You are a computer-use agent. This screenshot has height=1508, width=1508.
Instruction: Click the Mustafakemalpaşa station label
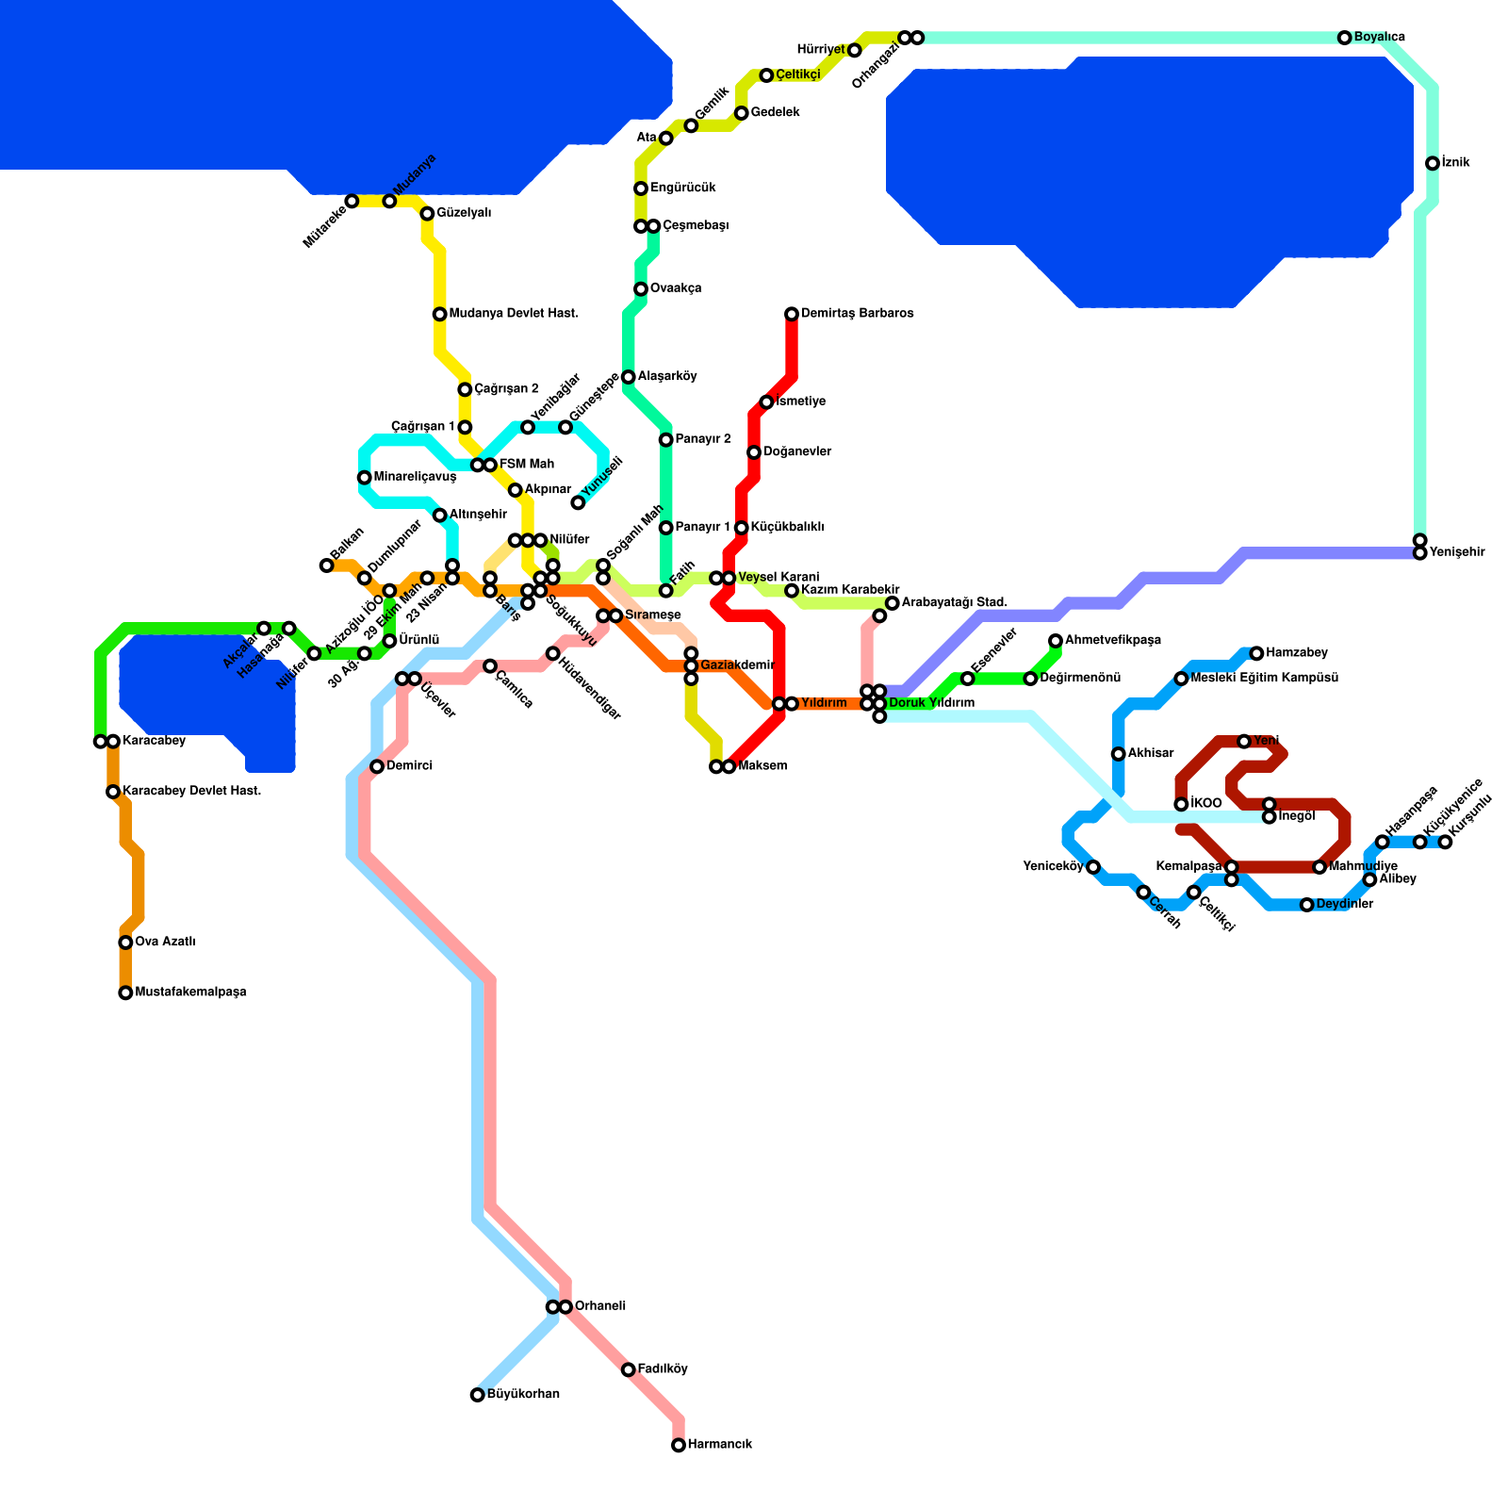click(190, 992)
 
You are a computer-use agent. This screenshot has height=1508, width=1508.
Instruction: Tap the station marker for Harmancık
click(679, 1445)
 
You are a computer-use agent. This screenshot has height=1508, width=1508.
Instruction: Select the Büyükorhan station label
click(523, 1395)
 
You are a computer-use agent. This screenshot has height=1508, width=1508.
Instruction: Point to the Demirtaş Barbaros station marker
click(792, 314)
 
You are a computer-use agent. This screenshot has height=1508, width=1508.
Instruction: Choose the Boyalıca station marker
click(1345, 38)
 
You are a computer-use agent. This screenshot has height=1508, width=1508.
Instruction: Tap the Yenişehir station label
click(1457, 552)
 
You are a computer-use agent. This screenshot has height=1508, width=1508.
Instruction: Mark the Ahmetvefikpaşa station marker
click(1056, 641)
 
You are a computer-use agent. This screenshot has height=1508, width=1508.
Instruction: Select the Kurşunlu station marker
click(1446, 842)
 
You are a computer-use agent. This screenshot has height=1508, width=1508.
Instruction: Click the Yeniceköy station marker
click(1093, 867)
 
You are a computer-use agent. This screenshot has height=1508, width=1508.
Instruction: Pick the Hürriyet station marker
click(855, 50)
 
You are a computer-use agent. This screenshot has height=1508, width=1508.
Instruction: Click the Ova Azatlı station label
click(165, 942)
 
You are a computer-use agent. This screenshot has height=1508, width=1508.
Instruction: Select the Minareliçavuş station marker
click(365, 478)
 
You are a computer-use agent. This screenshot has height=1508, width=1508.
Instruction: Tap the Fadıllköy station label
click(663, 1369)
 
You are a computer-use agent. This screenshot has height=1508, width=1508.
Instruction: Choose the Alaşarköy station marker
click(629, 377)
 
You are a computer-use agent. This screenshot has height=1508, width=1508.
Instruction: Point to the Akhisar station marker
click(1119, 754)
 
